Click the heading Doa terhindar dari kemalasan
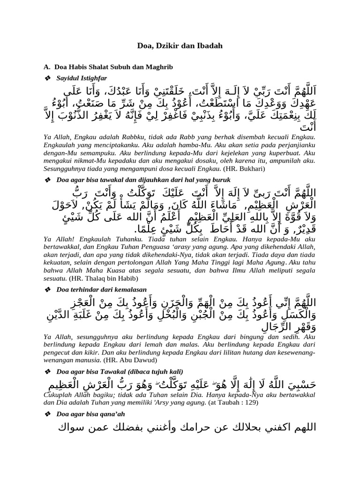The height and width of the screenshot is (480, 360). (x=101, y=290)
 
